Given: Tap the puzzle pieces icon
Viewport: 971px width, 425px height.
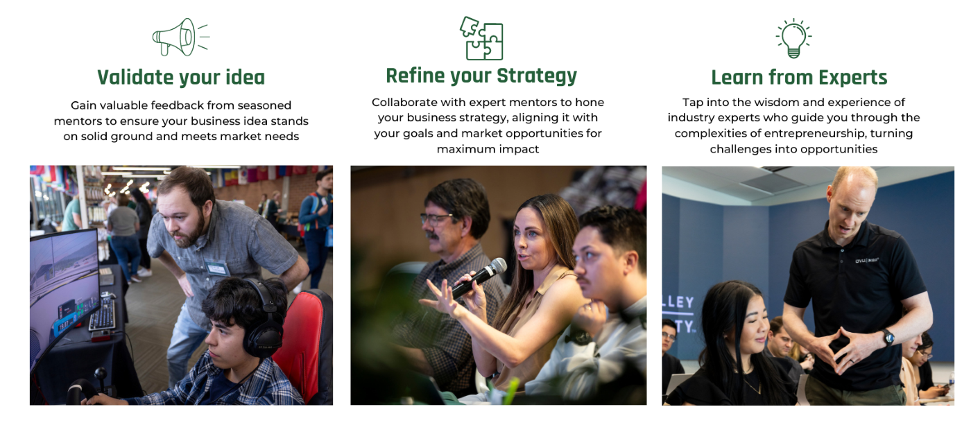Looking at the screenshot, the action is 481,38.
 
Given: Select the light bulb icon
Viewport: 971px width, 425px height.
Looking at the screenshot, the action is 793,38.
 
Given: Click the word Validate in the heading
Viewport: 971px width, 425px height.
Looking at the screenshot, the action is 135,78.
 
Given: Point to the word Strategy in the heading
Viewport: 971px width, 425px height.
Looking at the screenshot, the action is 537,76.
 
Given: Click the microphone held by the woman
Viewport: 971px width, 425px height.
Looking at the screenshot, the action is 479,277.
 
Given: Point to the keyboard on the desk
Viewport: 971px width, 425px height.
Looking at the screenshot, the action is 103,315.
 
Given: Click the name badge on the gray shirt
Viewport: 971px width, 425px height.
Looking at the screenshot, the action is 216,268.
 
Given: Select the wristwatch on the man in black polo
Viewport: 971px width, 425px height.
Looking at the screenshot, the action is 888,337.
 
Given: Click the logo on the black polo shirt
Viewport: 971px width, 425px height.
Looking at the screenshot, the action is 866,261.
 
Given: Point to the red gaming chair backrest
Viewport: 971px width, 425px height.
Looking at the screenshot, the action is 301,342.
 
